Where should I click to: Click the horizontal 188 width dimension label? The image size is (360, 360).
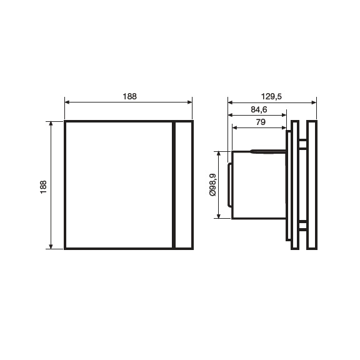click(x=129, y=97)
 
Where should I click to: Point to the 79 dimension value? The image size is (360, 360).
click(x=261, y=122)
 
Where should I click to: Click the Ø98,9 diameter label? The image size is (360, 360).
click(x=212, y=185)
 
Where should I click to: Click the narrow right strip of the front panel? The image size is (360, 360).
click(x=183, y=184)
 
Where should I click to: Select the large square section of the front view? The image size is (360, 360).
click(x=118, y=184)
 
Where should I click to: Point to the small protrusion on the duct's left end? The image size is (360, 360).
click(x=229, y=185)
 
